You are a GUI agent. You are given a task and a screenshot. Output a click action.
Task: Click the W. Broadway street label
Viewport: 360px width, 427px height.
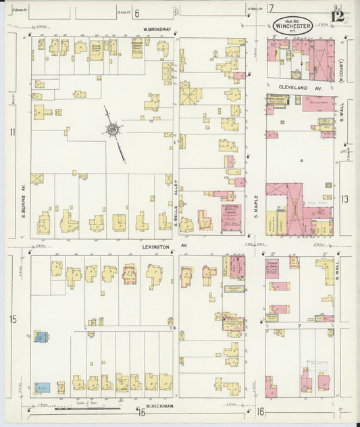click(x=158, y=29)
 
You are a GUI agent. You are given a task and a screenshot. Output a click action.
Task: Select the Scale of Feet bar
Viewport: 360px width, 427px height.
click(x=88, y=407)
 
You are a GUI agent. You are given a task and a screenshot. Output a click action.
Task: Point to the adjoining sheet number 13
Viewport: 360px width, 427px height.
click(x=344, y=199)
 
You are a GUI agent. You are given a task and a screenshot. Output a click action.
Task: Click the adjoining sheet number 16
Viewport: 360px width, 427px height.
click(x=260, y=411)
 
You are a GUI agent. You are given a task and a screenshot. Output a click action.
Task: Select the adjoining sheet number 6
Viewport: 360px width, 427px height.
click(x=136, y=13)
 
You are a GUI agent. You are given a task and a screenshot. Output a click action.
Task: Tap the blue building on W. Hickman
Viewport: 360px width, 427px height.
click(x=43, y=388)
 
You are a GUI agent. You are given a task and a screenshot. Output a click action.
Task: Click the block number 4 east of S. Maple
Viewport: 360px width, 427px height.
click(x=302, y=161)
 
